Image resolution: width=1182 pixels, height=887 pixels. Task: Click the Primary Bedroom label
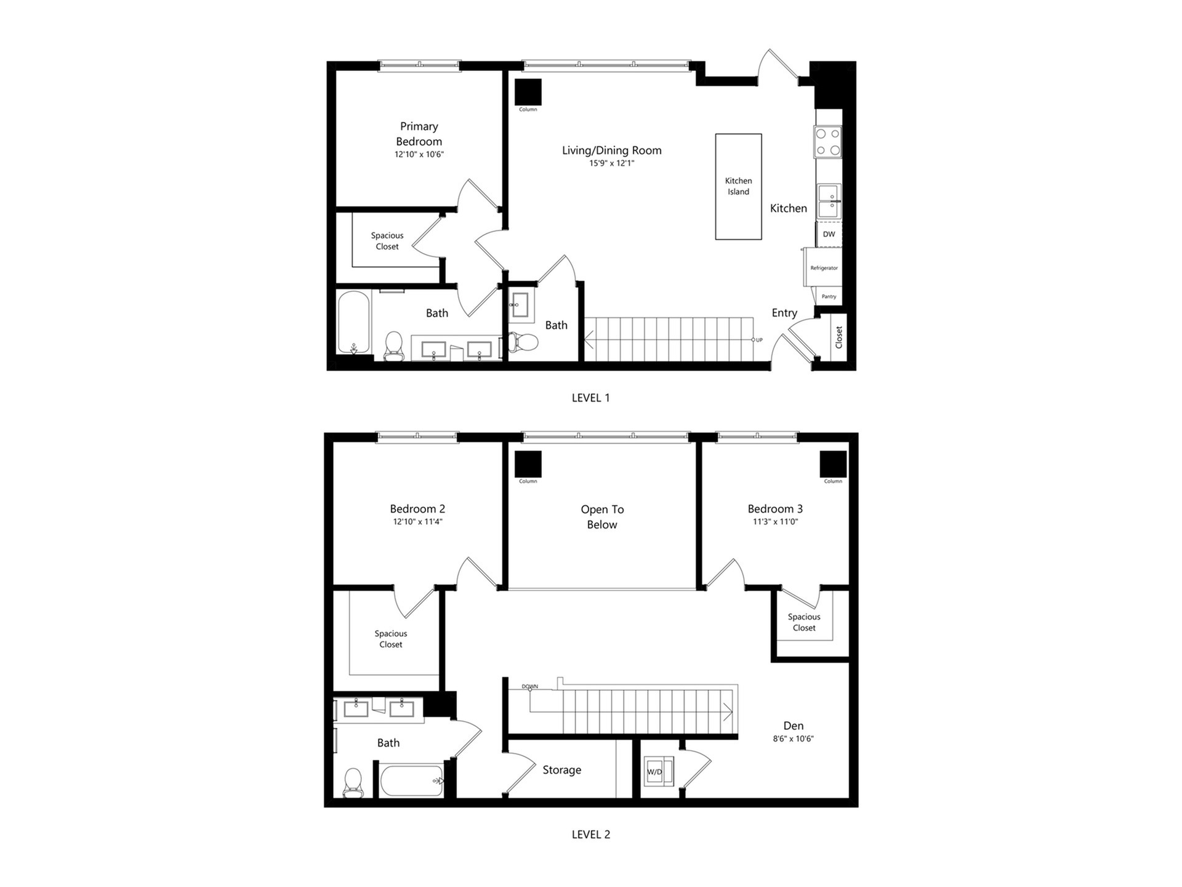[x=419, y=134]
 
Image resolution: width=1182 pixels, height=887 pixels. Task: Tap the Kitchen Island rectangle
[x=738, y=186]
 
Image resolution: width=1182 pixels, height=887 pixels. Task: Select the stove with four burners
[x=827, y=141]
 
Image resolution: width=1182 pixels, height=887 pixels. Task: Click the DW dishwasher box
[x=829, y=234]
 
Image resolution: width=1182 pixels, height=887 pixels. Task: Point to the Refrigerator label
[x=824, y=268]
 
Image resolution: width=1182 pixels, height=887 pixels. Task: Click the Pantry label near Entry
[x=829, y=296]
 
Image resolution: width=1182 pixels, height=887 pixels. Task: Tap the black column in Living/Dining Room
[x=528, y=92]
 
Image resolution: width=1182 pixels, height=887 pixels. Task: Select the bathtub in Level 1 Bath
[x=353, y=322]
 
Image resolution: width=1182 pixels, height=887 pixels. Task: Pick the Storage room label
[x=561, y=770]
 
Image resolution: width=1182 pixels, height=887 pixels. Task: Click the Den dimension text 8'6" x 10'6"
[x=793, y=739]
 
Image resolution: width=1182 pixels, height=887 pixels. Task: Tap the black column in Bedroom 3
[x=833, y=464]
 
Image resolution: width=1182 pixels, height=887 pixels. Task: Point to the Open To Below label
[x=602, y=517]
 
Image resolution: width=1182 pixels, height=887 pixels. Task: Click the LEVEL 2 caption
[x=591, y=834]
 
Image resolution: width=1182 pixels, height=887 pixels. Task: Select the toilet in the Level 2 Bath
[x=353, y=782]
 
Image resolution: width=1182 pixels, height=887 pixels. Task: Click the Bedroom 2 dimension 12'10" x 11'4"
[x=417, y=522]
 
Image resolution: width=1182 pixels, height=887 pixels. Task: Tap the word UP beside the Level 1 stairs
[x=759, y=340]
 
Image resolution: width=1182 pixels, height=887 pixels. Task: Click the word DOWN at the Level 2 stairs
[x=529, y=686]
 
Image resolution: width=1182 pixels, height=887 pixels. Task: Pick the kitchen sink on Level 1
[x=829, y=201]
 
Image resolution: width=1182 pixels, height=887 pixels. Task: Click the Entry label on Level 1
[x=784, y=313]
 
